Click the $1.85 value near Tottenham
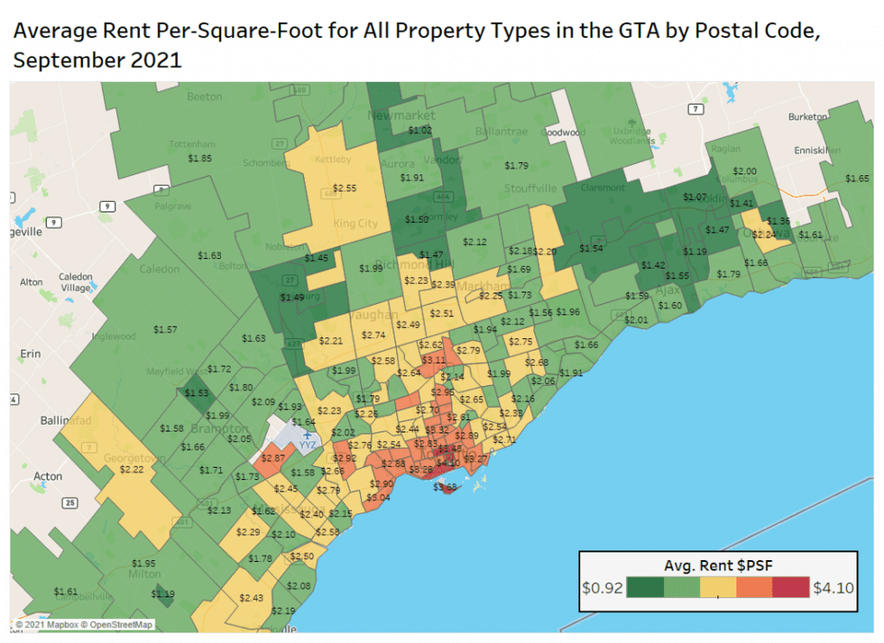click(x=200, y=158)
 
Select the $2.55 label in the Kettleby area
click(x=345, y=188)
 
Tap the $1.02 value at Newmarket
click(x=420, y=130)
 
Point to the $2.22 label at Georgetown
click(x=132, y=469)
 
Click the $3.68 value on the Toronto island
click(x=446, y=488)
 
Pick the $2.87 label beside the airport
click(x=273, y=459)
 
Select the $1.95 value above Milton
click(x=144, y=563)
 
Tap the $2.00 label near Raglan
click(x=745, y=171)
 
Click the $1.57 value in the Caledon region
click(x=166, y=329)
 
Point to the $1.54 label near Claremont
click(x=591, y=248)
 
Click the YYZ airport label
click(x=308, y=445)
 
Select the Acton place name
click(x=48, y=476)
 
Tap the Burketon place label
click(x=807, y=116)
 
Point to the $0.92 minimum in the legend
click(x=601, y=588)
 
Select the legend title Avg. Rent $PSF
click(x=716, y=565)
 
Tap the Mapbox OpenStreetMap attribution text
click(x=83, y=624)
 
